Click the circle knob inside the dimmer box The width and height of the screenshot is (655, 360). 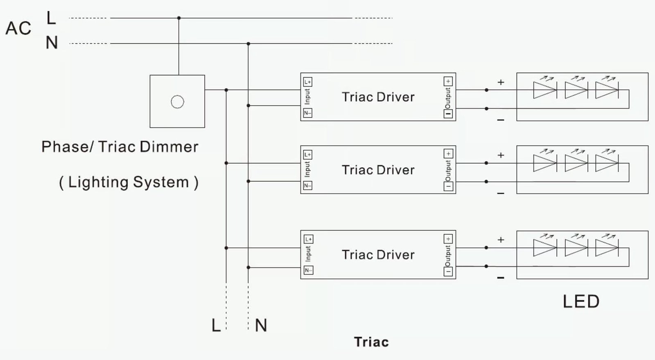[x=177, y=102]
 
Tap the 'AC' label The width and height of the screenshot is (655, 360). [x=18, y=29]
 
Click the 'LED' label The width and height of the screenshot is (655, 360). [x=581, y=302]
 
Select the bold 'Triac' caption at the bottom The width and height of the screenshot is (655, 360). [x=371, y=342]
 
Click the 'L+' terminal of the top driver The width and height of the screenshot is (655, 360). [x=307, y=82]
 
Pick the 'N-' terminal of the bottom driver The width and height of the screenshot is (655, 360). [x=308, y=270]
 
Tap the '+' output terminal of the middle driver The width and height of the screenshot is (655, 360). [x=448, y=154]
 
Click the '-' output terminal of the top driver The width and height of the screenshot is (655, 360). [x=448, y=114]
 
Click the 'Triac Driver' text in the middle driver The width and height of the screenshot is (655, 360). [x=378, y=170]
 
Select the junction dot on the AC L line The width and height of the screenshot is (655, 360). [x=178, y=18]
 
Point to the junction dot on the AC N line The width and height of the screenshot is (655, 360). [x=248, y=43]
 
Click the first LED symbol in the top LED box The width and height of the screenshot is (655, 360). [x=544, y=90]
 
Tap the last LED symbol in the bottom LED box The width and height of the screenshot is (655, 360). [x=607, y=248]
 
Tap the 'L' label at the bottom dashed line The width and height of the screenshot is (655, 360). [x=216, y=326]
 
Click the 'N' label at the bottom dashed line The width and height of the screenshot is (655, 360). [x=261, y=326]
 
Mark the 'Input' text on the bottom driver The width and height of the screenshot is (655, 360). [x=308, y=254]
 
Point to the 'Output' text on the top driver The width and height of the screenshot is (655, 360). [x=448, y=98]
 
